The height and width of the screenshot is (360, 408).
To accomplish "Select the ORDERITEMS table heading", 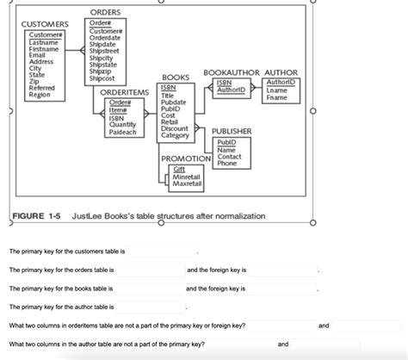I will (x=125, y=92).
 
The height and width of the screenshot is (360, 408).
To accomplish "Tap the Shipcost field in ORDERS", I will (x=102, y=78).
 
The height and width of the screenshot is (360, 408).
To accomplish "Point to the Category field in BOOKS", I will (x=175, y=136).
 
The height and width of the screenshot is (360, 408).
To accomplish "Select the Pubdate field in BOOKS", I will (x=174, y=103).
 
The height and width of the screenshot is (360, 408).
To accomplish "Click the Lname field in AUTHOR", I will (x=277, y=90).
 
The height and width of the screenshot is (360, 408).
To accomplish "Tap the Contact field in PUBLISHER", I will (x=229, y=158).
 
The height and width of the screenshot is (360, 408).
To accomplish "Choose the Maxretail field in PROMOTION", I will (x=188, y=183).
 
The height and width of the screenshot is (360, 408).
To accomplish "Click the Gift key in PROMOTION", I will (x=179, y=170).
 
